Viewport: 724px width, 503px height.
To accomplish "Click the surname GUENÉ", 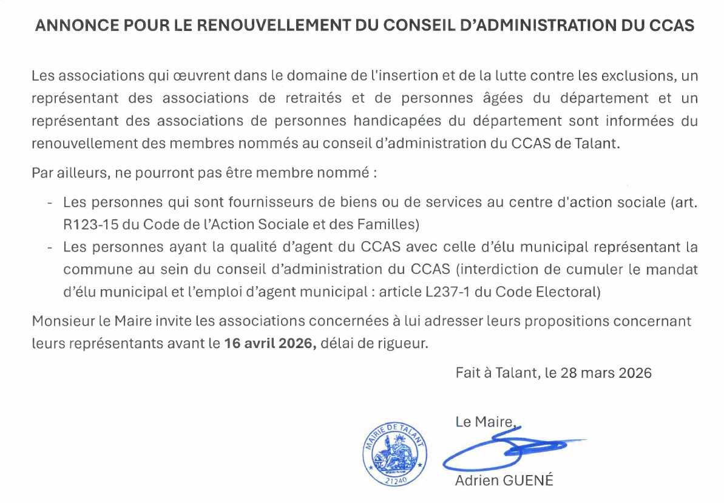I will (x=529, y=481).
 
